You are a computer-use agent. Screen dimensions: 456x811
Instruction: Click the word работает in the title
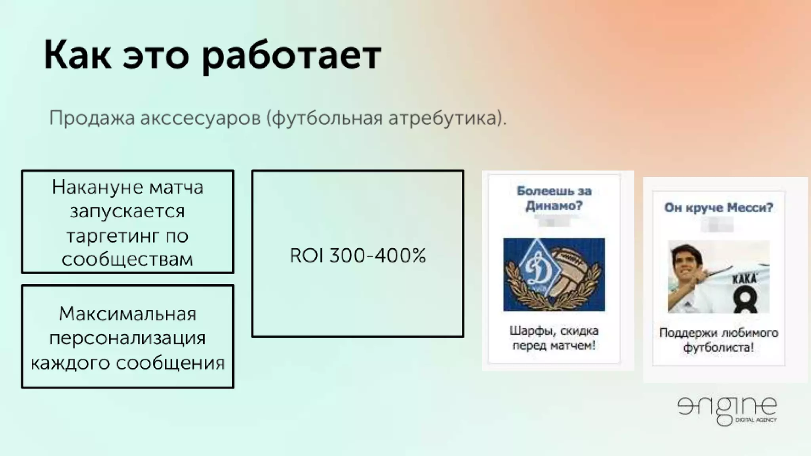coord(291,56)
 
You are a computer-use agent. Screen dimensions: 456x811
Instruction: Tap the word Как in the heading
coord(77,55)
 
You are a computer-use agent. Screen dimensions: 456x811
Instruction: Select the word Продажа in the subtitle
coord(91,118)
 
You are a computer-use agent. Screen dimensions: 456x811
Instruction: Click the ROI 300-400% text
coord(358,255)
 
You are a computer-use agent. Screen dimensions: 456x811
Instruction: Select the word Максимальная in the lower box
coord(127,314)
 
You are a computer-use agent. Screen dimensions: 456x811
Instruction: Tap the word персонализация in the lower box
coord(127,338)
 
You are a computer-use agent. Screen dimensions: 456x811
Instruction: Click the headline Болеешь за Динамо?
coord(554,198)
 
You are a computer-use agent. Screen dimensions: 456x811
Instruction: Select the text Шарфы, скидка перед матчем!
coord(554,338)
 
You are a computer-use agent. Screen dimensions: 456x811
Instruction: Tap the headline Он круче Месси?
coord(718,207)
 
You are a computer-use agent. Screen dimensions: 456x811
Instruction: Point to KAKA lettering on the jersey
coord(744,278)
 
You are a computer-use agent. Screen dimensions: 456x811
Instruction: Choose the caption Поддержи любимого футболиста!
coord(718,340)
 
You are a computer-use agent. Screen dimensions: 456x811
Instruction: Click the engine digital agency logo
coord(727,410)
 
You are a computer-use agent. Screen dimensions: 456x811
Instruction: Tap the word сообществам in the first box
coord(127,260)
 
